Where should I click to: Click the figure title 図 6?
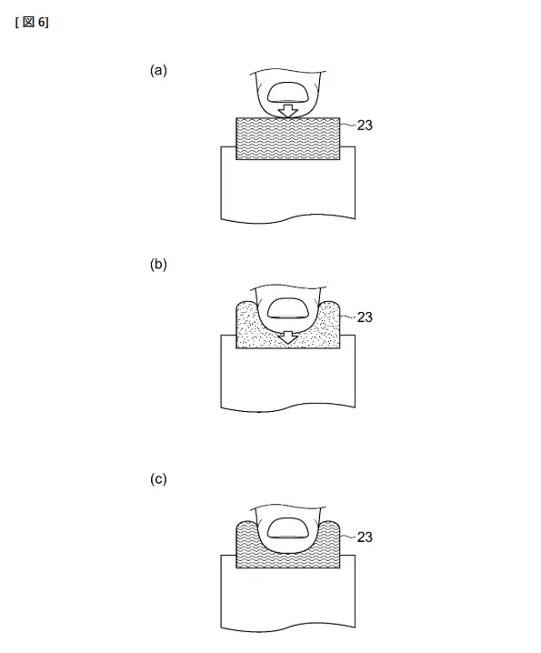(32, 22)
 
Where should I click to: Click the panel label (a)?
(158, 70)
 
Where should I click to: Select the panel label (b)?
(158, 265)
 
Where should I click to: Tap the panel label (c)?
(158, 479)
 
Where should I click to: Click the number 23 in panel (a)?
(365, 125)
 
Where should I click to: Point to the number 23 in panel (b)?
(365, 316)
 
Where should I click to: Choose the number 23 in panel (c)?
(365, 537)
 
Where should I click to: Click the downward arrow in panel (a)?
(288, 110)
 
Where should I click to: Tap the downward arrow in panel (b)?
(288, 337)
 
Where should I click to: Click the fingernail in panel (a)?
(288, 93)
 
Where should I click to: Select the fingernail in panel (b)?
(288, 308)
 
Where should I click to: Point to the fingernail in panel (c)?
(288, 528)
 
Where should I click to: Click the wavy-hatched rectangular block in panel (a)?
(288, 138)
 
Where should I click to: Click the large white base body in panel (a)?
(288, 189)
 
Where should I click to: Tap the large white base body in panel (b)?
(288, 377)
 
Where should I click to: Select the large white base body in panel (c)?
(288, 598)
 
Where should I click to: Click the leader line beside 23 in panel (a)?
(348, 125)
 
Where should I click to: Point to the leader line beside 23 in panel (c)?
(348, 537)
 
